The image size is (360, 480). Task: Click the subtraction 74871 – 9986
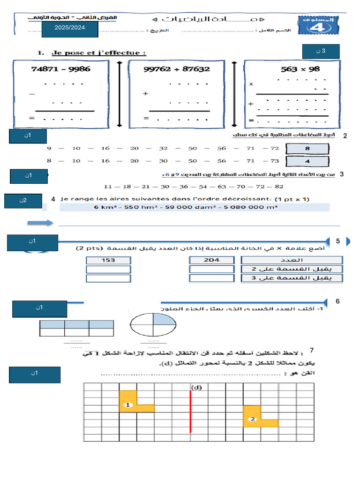click(x=61, y=69)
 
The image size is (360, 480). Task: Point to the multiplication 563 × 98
click(x=300, y=69)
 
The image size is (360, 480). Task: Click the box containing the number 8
click(x=307, y=149)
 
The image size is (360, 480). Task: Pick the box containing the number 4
click(x=307, y=161)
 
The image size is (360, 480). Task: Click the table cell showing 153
click(x=108, y=260)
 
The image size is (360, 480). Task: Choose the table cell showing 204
click(x=211, y=260)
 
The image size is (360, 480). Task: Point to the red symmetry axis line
click(x=190, y=411)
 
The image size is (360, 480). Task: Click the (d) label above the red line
click(x=196, y=387)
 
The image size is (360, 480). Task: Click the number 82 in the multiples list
click(x=279, y=186)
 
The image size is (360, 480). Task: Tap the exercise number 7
click(x=312, y=350)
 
